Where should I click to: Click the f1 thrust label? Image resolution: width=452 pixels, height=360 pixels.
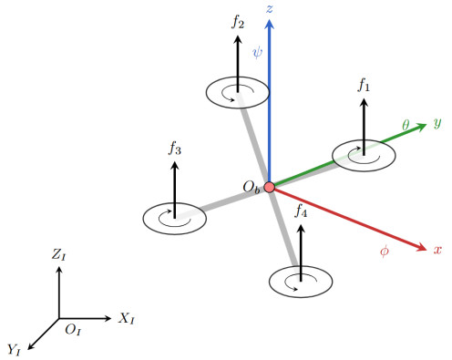364,85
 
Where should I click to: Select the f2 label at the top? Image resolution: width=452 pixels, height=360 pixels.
238,22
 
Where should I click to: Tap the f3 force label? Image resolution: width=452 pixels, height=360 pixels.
175,148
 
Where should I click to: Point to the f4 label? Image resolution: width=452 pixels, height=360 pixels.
301,211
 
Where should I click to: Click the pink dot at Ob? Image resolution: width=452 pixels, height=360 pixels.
269,187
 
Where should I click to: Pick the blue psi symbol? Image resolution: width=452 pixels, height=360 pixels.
257,52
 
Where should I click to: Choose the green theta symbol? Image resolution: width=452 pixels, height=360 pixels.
406,125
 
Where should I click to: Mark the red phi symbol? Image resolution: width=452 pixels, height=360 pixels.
385,251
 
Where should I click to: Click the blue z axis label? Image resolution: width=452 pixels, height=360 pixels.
269,9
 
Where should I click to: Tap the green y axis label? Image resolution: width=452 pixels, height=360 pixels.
437,123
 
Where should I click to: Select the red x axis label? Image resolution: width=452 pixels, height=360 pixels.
437,250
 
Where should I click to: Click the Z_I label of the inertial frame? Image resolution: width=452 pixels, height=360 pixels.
58,254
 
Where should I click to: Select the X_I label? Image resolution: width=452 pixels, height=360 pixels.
126,318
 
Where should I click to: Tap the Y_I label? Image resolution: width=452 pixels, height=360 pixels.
14,349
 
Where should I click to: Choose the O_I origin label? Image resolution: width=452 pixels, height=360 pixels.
73,330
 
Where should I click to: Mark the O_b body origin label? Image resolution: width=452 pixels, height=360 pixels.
252,188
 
